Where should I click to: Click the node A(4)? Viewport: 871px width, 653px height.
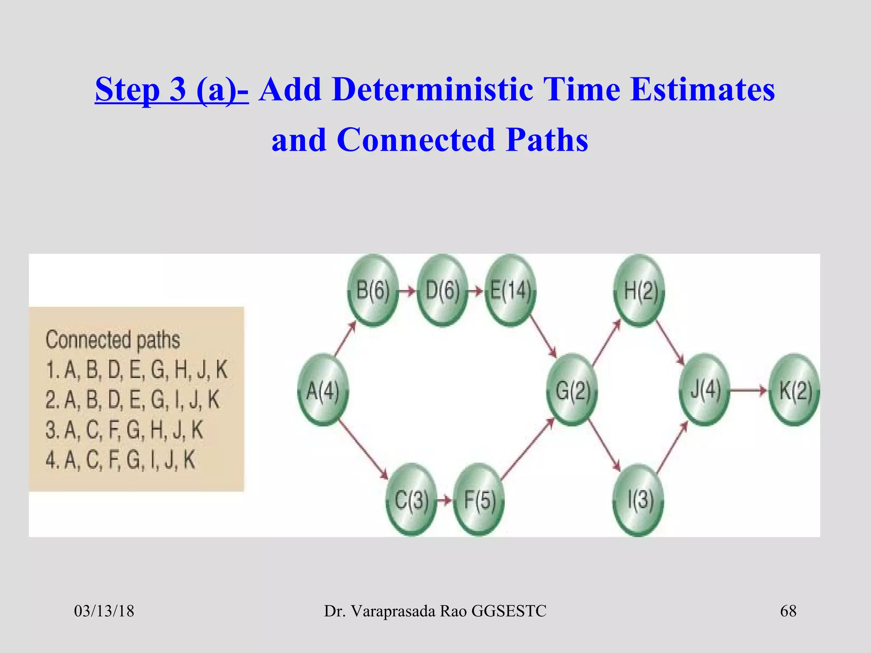tap(323, 390)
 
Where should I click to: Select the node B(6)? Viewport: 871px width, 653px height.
tap(373, 291)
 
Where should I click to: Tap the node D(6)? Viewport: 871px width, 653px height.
tap(442, 291)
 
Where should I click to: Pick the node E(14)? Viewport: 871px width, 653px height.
tap(510, 291)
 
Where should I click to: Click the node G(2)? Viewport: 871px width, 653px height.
tap(572, 390)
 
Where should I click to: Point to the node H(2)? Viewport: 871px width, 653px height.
tap(640, 291)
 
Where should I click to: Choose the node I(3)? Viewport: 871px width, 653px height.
tap(640, 500)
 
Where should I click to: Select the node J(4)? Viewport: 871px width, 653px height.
tap(705, 389)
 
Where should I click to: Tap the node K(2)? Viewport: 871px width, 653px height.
tap(794, 390)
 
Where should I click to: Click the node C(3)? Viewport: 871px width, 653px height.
tap(411, 500)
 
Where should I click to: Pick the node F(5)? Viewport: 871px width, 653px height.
tap(479, 500)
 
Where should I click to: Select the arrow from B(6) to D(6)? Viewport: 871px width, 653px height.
tap(407, 291)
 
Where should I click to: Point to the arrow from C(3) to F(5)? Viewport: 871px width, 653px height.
tap(445, 500)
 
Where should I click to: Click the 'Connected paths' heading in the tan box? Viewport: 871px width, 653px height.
tap(113, 340)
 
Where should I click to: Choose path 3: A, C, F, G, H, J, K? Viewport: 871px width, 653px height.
tap(124, 430)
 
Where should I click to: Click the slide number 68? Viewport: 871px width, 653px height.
tap(788, 611)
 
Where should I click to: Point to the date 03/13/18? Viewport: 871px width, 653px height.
tap(104, 611)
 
